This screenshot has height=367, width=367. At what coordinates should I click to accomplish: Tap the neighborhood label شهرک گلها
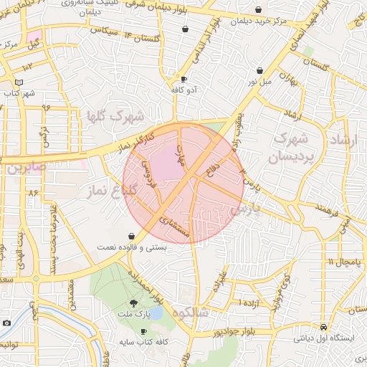coord(115,115)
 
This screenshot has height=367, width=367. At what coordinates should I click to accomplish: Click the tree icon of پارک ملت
coord(134,302)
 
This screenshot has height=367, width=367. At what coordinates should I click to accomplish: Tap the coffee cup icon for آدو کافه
coord(183,80)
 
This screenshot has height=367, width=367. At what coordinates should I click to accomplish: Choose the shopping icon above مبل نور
coord(259,71)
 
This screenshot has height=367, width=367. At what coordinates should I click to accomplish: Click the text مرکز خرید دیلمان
coord(258,21)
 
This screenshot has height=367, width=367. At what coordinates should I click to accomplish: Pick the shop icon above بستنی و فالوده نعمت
coord(131,236)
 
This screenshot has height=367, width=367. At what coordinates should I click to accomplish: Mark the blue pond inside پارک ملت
coord(156,313)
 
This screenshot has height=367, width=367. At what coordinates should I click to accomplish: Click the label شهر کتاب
coord(19,93)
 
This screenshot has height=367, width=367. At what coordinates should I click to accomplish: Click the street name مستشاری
coord(174,226)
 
